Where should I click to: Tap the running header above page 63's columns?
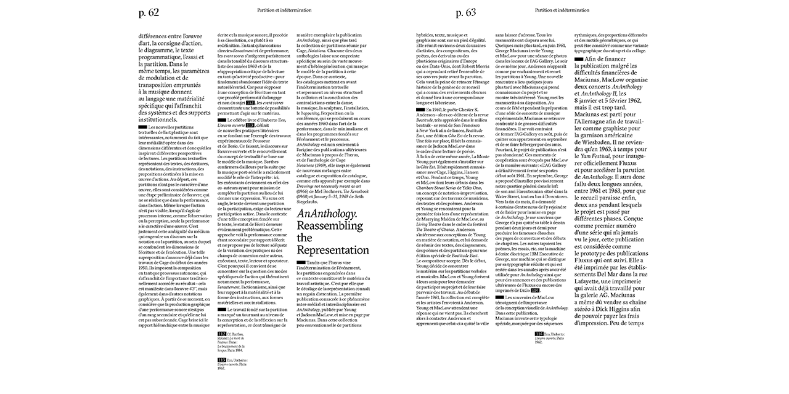[x=562, y=10]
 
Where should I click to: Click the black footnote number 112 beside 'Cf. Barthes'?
[x=222, y=333]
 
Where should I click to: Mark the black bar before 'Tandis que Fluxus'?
[x=302, y=263]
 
